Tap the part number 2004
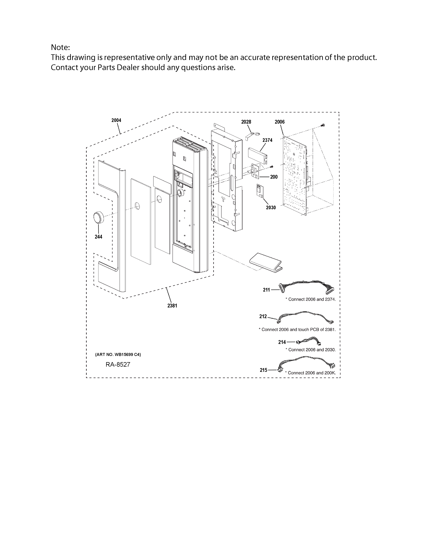click(116, 120)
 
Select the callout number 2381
click(172, 306)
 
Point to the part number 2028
click(246, 122)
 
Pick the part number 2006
click(280, 122)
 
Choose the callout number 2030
click(271, 208)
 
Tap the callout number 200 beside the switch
click(274, 177)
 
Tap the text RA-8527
click(118, 365)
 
